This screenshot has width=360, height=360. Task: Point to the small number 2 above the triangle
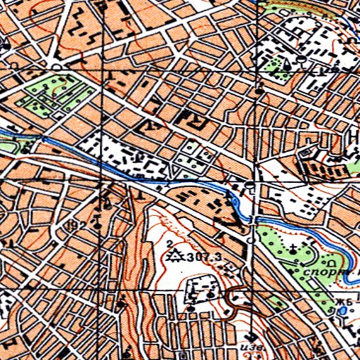point(171,243)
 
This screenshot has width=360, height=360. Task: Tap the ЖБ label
point(343,303)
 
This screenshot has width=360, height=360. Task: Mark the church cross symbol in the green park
point(293,247)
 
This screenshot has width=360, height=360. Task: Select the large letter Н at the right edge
point(354,136)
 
